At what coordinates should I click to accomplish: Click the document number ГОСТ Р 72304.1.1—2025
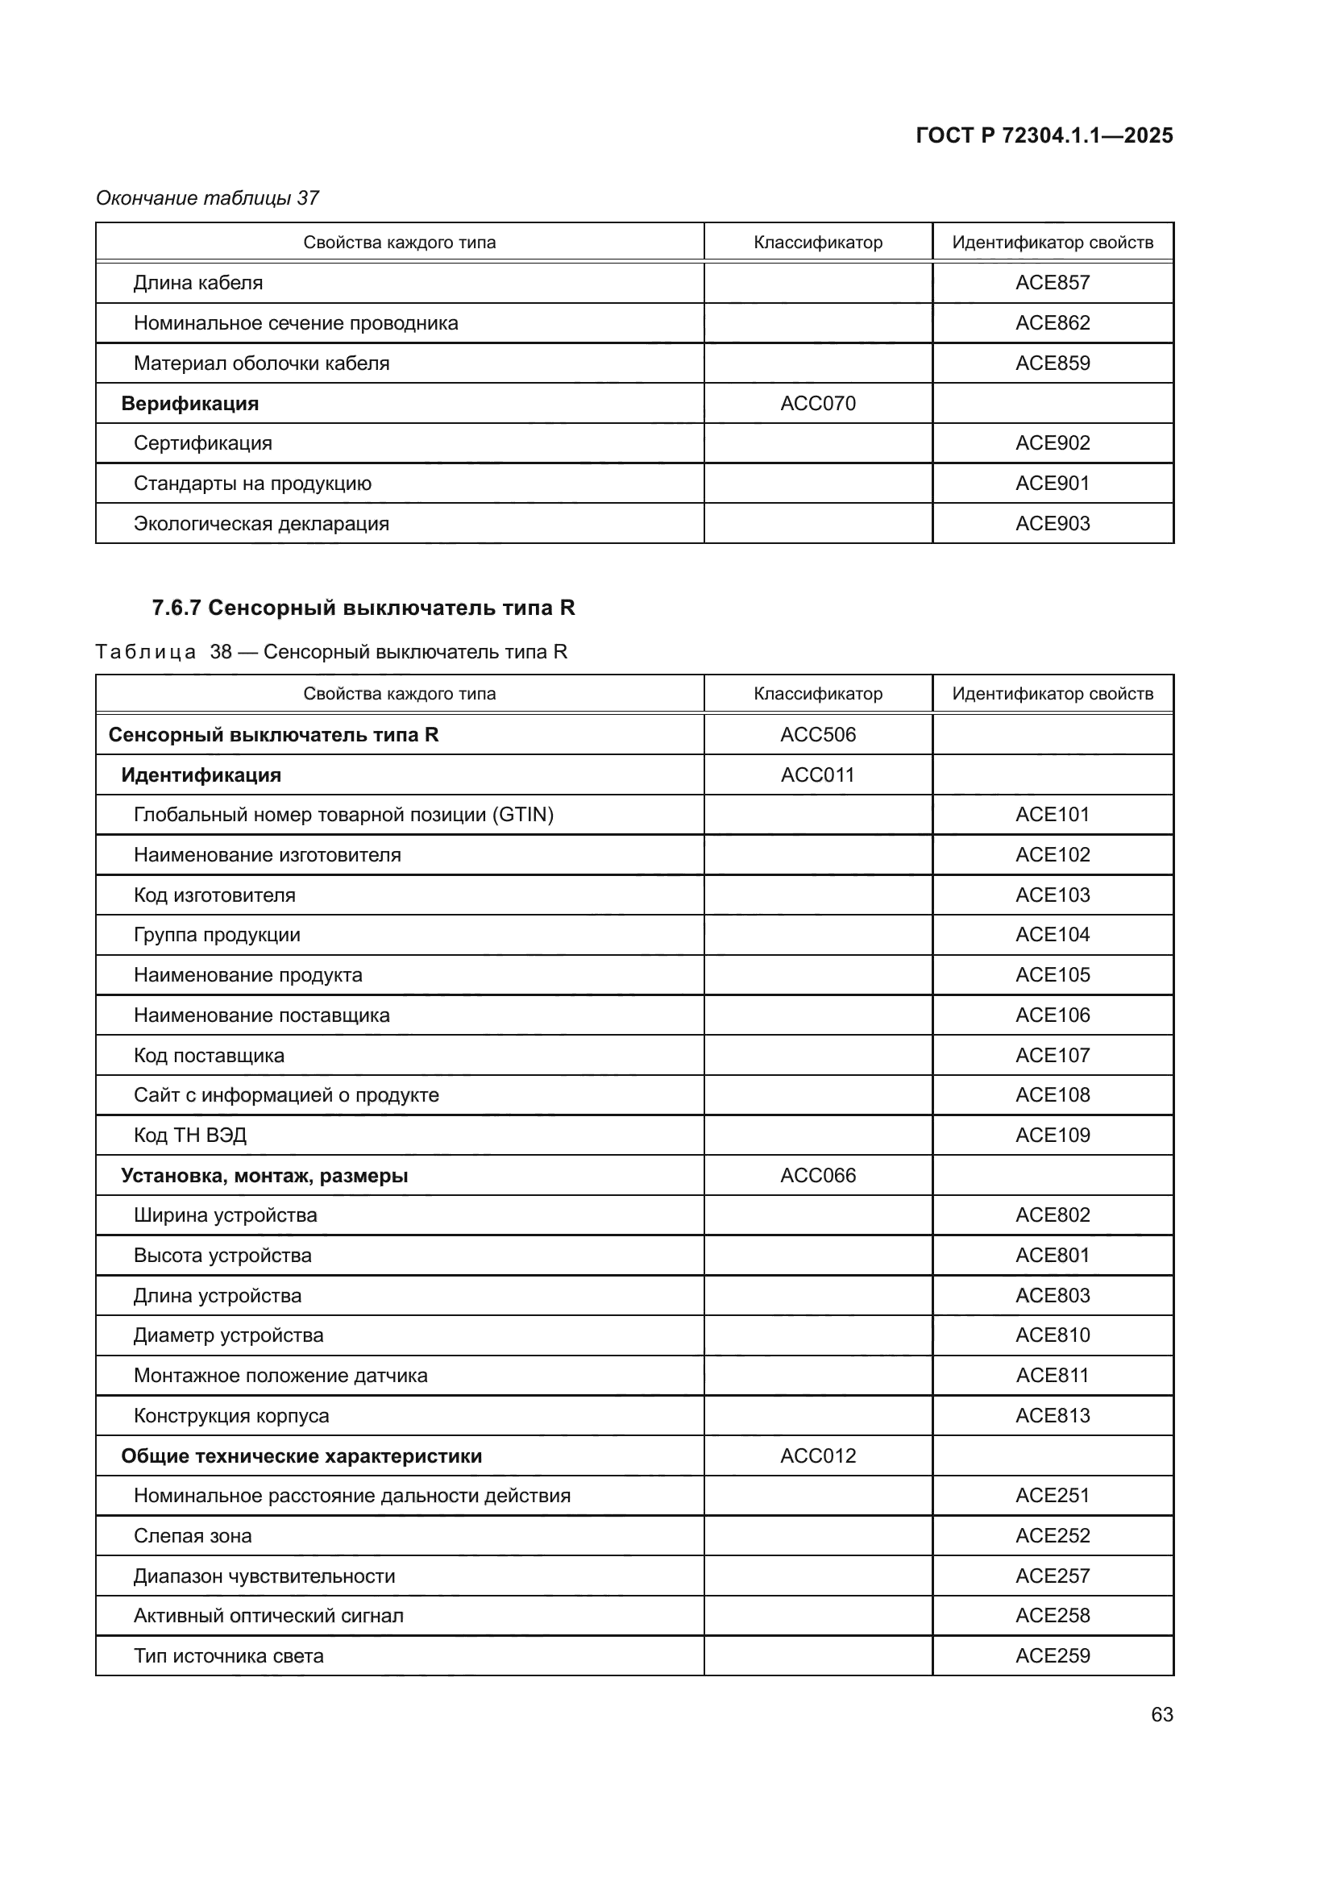pyautogui.click(x=1044, y=135)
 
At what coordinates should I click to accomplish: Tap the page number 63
pyautogui.click(x=1161, y=1714)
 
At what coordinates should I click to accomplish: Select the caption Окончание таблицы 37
pyautogui.click(x=207, y=198)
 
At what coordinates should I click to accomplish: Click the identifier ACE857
pyautogui.click(x=1053, y=282)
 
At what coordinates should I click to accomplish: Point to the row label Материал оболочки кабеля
pyautogui.click(x=261, y=363)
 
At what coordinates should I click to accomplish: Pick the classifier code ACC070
pyautogui.click(x=817, y=403)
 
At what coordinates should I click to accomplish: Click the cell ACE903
pyautogui.click(x=1053, y=523)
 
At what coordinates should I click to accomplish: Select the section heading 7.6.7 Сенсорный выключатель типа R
pyautogui.click(x=363, y=608)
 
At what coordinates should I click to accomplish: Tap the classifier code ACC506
pyautogui.click(x=817, y=734)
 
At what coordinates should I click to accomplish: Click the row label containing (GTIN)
pyautogui.click(x=343, y=815)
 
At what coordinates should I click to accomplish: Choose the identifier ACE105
pyautogui.click(x=1053, y=974)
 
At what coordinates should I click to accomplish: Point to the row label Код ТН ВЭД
pyautogui.click(x=189, y=1135)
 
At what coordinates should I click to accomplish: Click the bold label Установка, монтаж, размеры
pyautogui.click(x=264, y=1175)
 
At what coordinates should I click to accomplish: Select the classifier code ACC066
pyautogui.click(x=817, y=1175)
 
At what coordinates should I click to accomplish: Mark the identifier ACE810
pyautogui.click(x=1053, y=1335)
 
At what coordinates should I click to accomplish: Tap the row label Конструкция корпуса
pyautogui.click(x=230, y=1415)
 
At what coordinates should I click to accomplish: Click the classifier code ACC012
pyautogui.click(x=817, y=1455)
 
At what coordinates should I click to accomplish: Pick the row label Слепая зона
pyautogui.click(x=192, y=1535)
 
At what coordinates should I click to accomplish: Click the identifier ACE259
pyautogui.click(x=1053, y=1655)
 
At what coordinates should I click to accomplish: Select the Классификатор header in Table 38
pyautogui.click(x=817, y=694)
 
